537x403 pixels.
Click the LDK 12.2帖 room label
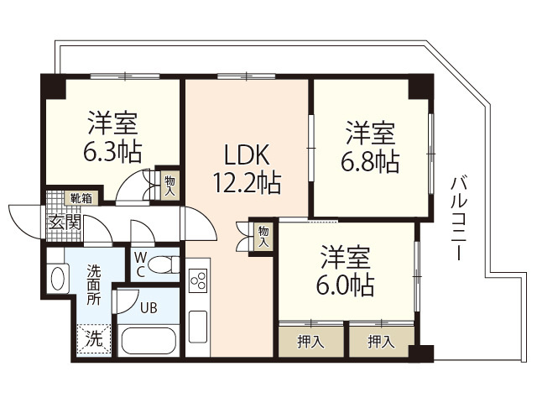coord(245,168)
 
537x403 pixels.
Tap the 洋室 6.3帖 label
coord(112,138)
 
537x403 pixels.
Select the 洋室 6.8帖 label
coord(370,146)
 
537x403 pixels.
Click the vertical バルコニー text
coord(457,217)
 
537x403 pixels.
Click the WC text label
coord(140,264)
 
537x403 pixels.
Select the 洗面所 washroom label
coord(93,285)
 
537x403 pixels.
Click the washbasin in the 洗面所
coord(59,278)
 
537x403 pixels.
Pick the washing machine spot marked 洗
coord(95,340)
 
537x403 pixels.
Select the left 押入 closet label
coord(310,340)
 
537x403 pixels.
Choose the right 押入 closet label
coord(381,340)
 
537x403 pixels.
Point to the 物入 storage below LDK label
coord(263,234)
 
